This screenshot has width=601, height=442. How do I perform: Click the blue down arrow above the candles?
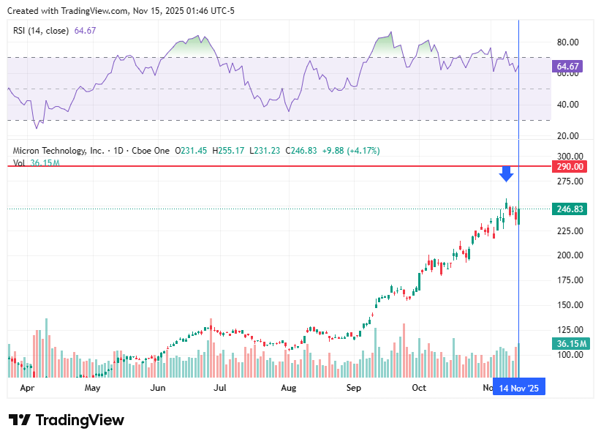[x=506, y=174]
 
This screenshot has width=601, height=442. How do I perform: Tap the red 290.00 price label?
[x=568, y=167]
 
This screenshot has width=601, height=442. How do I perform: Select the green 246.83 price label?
[x=568, y=209]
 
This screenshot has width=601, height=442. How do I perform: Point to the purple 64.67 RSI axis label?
[x=568, y=67]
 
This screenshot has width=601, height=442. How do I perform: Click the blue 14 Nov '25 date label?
[x=518, y=387]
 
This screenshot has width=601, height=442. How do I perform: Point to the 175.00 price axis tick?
[x=568, y=280]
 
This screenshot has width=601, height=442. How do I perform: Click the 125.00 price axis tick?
[x=568, y=330]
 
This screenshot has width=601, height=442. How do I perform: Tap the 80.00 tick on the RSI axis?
[x=568, y=42]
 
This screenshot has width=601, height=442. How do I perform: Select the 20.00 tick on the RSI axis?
[x=568, y=136]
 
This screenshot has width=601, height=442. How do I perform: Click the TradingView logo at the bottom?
[x=67, y=420]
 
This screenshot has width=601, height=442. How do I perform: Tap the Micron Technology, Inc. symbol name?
[x=58, y=151]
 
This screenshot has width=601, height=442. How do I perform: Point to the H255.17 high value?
[x=227, y=151]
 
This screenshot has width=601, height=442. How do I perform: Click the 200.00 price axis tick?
[x=568, y=255]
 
